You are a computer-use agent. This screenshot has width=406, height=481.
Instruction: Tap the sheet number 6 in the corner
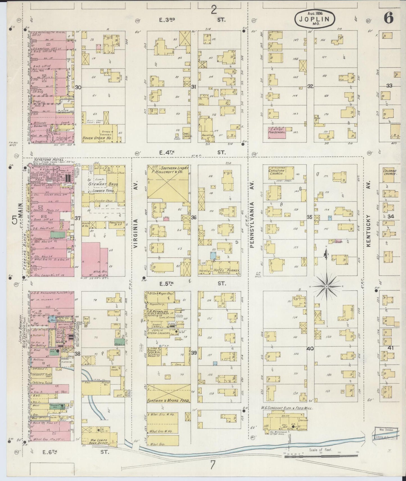click(389, 18)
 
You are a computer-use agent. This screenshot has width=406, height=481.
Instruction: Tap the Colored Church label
click(389, 172)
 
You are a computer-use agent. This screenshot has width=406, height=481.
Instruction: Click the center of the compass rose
click(327, 286)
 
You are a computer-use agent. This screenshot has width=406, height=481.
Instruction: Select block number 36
click(193, 217)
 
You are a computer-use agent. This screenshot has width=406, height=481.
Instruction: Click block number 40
click(310, 349)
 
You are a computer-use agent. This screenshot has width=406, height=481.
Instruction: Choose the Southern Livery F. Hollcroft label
click(171, 170)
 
